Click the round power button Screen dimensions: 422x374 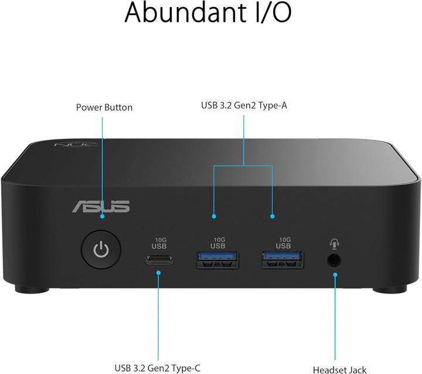click(102, 251)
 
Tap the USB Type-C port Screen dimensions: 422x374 click(159, 260)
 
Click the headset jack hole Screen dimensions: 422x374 click(334, 260)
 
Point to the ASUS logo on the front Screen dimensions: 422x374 click(101, 206)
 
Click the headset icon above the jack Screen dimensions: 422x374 click(335, 243)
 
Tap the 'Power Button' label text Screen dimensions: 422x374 click(104, 107)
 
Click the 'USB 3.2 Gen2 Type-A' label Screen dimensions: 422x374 click(244, 106)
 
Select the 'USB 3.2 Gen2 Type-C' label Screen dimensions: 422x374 click(158, 368)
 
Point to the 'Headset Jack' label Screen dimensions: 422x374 click(339, 369)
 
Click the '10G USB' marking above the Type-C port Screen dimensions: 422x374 click(159, 243)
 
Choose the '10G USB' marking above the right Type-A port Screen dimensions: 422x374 click(284, 243)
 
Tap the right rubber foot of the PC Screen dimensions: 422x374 click(388, 289)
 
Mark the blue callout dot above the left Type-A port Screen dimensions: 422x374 click(214, 216)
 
